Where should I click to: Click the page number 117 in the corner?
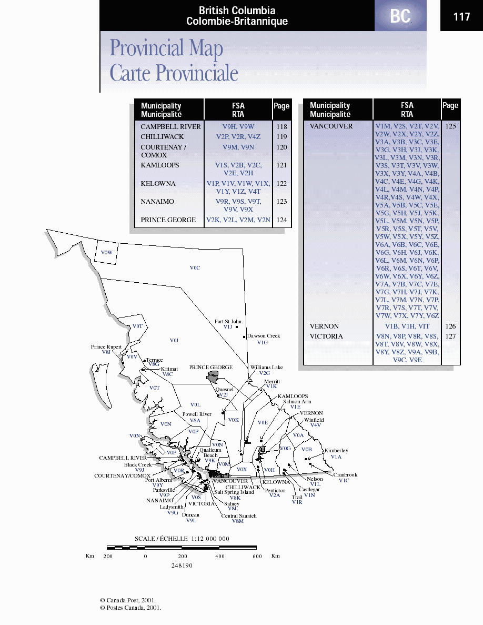click(x=461, y=17)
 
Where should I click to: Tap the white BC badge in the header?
click(x=400, y=17)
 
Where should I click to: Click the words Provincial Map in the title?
click(x=166, y=48)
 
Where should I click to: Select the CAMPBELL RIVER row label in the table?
click(x=170, y=127)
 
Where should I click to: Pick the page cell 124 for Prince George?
click(x=281, y=220)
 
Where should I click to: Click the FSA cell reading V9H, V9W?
click(x=238, y=127)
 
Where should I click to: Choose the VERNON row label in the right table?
click(x=324, y=326)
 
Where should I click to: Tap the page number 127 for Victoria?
click(x=450, y=336)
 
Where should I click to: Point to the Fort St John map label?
click(x=228, y=321)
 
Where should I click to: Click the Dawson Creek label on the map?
click(x=264, y=336)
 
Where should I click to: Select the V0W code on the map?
click(x=107, y=253)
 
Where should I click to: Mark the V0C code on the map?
click(x=195, y=268)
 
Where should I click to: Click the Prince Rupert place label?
click(x=106, y=347)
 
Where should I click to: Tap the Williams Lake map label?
click(x=266, y=368)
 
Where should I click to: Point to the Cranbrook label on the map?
click(x=345, y=475)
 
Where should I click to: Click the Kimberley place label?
click(x=336, y=451)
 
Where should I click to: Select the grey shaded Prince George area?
click(x=213, y=376)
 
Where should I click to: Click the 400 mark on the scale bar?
click(x=220, y=556)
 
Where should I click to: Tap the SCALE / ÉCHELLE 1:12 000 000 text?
click(x=182, y=539)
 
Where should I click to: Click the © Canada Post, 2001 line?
click(x=128, y=600)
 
